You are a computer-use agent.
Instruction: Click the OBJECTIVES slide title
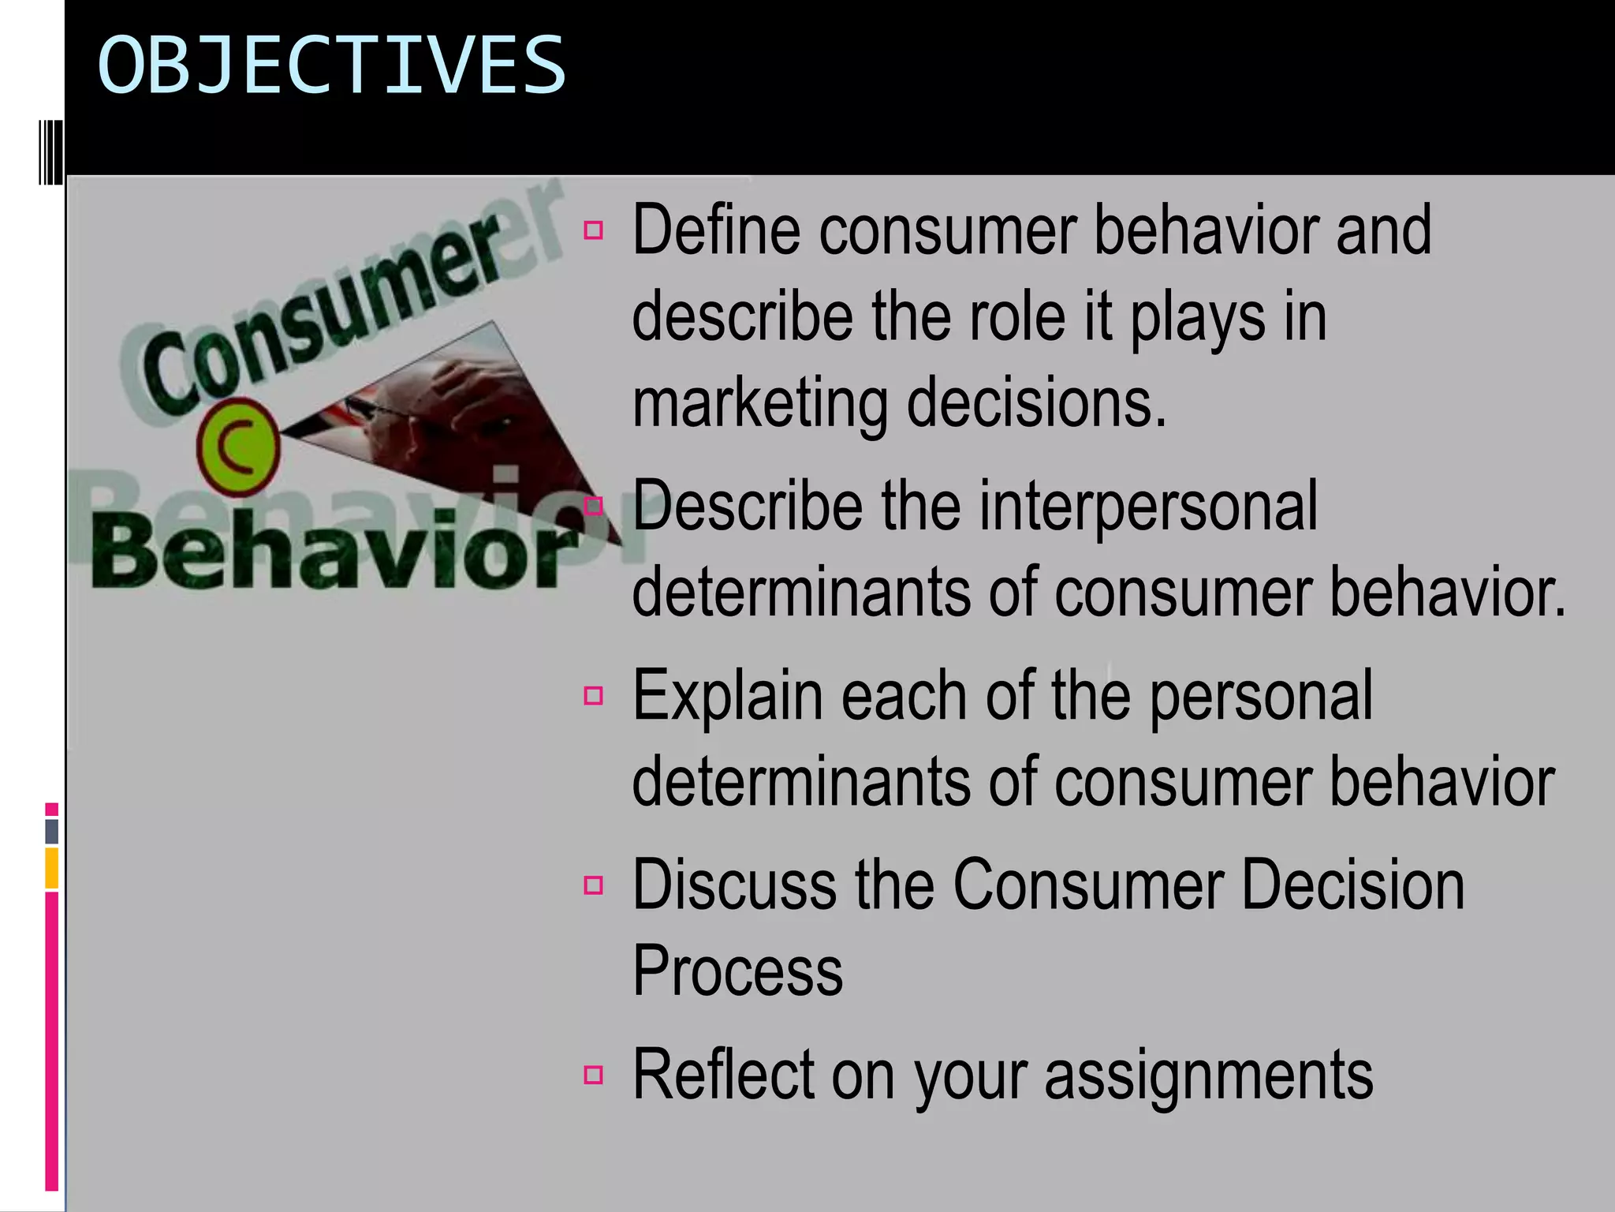click(x=331, y=65)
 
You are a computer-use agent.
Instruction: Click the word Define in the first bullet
click(x=716, y=230)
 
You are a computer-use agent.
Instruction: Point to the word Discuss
click(x=733, y=885)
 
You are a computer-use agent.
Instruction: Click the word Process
click(x=737, y=971)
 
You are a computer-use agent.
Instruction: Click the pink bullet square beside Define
click(x=594, y=231)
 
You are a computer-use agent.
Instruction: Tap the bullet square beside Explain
click(x=594, y=696)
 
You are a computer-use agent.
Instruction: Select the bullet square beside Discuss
click(x=594, y=885)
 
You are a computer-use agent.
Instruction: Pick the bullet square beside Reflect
click(x=594, y=1075)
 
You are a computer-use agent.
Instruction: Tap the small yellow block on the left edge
click(x=52, y=868)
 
